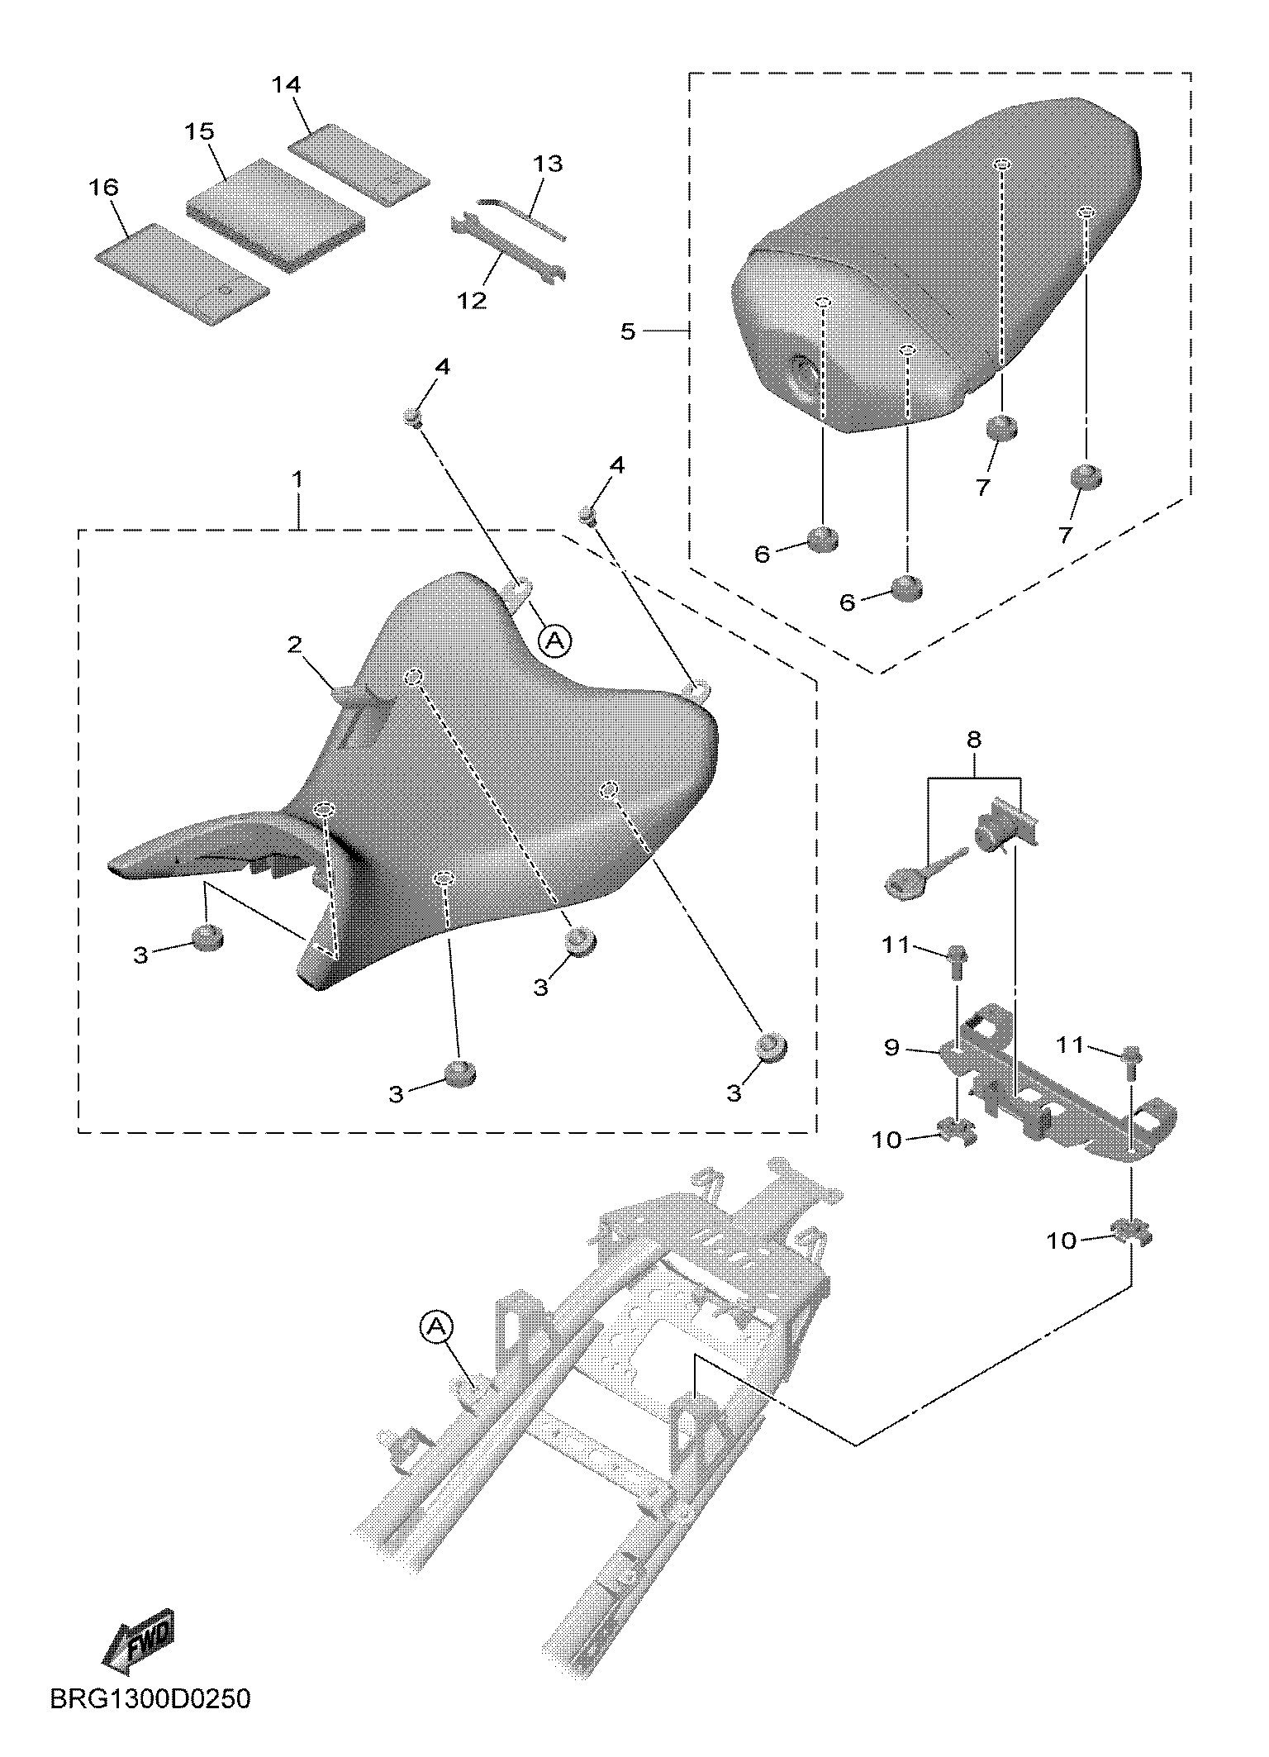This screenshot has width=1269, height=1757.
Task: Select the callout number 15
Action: coord(200,132)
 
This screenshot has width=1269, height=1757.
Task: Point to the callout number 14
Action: coord(287,85)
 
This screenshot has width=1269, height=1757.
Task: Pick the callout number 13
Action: coord(548,164)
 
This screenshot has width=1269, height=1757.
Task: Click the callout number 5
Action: coord(628,331)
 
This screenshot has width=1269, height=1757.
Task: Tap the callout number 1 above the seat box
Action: coord(297,480)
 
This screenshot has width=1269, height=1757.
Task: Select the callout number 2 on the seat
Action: coord(295,645)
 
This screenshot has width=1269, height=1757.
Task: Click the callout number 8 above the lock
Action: coord(974,740)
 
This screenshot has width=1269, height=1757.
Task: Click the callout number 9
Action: coord(891,1048)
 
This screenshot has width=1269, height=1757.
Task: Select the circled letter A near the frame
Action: coord(437,1328)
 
